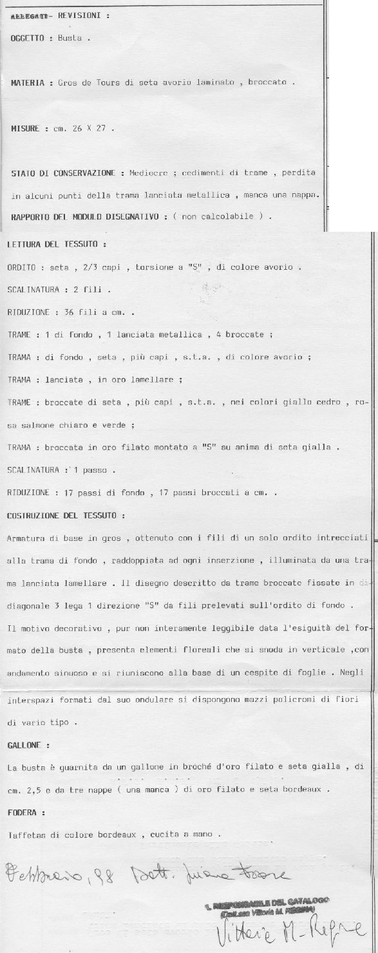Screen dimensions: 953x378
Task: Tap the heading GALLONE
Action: pos(24,745)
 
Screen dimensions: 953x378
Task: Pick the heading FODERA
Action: pos(23,813)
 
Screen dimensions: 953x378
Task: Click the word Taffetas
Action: pos(24,835)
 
